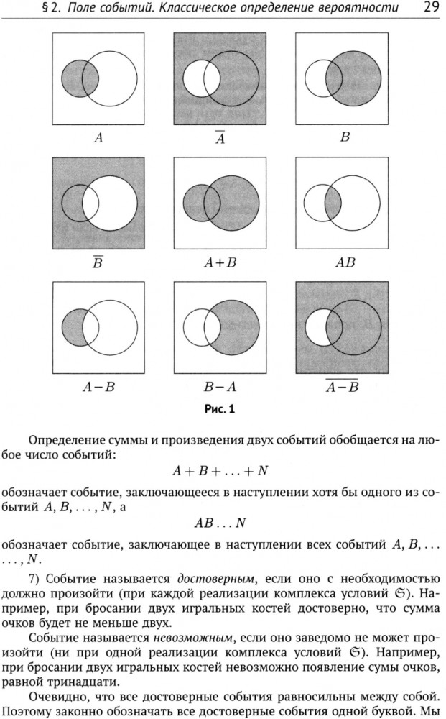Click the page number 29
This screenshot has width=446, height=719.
click(x=432, y=8)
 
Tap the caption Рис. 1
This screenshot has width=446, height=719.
click(x=220, y=408)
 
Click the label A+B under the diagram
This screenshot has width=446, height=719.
click(x=220, y=262)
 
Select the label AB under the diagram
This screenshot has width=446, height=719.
click(x=345, y=262)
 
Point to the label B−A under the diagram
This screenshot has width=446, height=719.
click(x=220, y=388)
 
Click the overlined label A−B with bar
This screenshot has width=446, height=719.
click(x=342, y=386)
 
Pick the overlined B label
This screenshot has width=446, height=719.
click(x=98, y=262)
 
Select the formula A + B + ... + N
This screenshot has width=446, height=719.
click(x=220, y=471)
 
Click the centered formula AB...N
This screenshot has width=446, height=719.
click(x=220, y=523)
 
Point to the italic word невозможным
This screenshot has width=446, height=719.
click(x=193, y=638)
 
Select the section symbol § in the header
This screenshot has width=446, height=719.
click(x=45, y=8)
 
